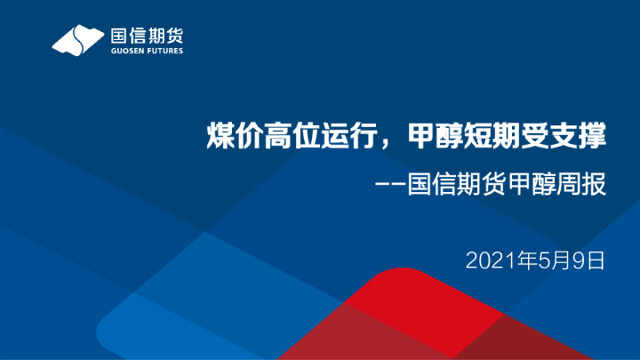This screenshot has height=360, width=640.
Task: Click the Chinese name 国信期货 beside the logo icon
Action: tap(147, 37)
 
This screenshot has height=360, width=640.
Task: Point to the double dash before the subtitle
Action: tap(390, 188)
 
